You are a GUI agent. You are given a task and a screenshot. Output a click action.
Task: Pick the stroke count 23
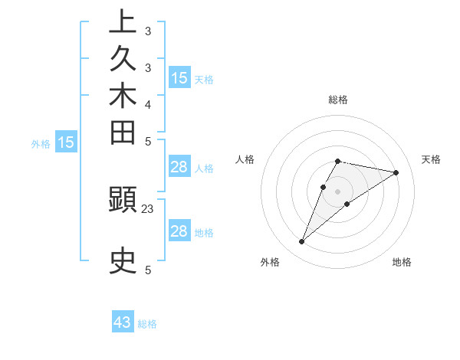click(148, 208)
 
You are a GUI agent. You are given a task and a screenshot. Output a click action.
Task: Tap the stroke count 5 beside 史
click(148, 270)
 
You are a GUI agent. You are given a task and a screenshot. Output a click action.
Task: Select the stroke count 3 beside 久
click(148, 67)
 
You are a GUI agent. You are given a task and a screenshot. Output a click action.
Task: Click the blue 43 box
click(123, 322)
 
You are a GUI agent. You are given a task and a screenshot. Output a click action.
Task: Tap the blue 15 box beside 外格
click(67, 142)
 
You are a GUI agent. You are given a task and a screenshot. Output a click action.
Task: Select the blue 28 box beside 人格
click(179, 167)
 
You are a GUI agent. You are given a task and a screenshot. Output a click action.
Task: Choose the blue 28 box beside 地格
click(179, 231)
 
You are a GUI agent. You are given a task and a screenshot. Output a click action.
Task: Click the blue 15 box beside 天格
click(179, 77)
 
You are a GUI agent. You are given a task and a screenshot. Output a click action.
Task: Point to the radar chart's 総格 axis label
click(338, 100)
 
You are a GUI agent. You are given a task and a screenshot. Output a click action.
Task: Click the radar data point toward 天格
click(396, 172)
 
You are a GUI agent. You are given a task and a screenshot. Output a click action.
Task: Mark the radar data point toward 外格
click(302, 242)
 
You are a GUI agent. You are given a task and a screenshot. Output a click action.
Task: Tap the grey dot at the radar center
click(338, 191)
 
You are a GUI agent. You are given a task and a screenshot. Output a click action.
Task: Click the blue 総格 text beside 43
click(147, 324)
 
